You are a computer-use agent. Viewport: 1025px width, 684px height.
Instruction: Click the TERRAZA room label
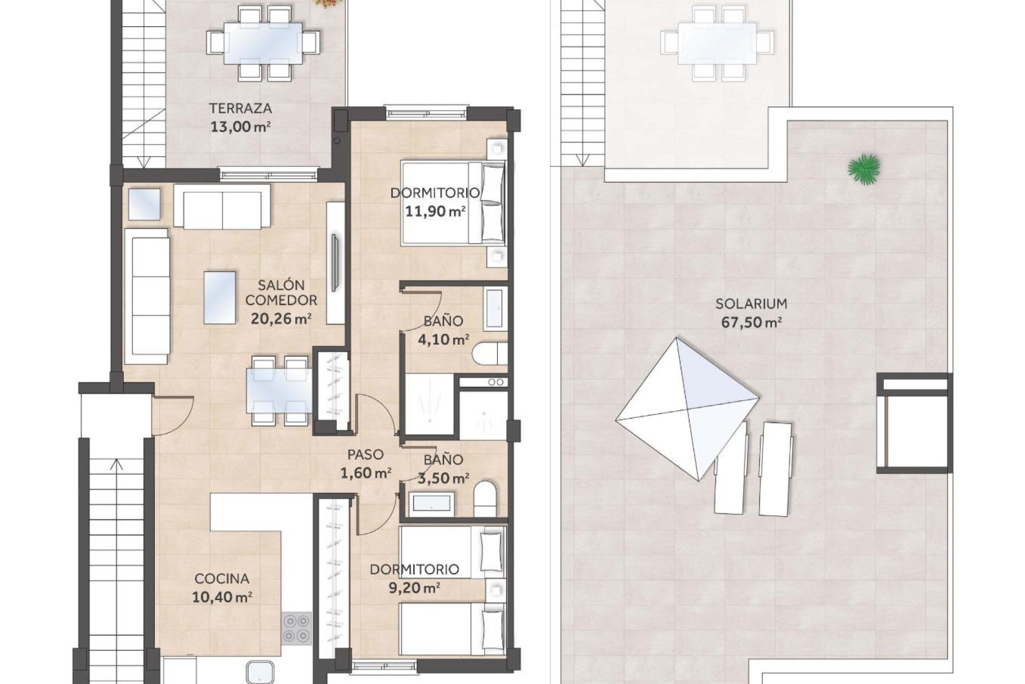pos(240,108)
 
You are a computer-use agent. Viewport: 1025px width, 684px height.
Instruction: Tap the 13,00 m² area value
pos(240,127)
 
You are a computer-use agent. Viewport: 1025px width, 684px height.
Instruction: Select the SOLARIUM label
pos(751,304)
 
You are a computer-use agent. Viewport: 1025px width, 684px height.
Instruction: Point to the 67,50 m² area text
pos(751,323)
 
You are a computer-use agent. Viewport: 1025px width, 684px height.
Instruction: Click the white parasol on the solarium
pos(688,409)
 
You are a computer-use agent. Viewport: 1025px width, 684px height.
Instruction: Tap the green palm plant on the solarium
pos(863,169)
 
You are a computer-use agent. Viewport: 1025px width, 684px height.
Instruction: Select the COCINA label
pos(222,579)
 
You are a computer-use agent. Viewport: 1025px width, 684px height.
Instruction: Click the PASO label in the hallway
pos(365,455)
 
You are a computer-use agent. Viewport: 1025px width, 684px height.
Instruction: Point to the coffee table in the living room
pos(219,298)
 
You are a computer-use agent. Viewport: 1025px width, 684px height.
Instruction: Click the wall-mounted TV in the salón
pos(335,262)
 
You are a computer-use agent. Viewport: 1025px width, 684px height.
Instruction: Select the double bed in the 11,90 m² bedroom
pos(453,204)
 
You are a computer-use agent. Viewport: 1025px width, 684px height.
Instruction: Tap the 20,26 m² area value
pos(281,319)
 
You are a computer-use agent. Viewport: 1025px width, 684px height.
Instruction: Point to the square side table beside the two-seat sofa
pos(144,204)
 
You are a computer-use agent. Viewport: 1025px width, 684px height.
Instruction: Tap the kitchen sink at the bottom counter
pos(261,672)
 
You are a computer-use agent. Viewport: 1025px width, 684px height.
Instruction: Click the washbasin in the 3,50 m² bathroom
pos(430,504)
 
